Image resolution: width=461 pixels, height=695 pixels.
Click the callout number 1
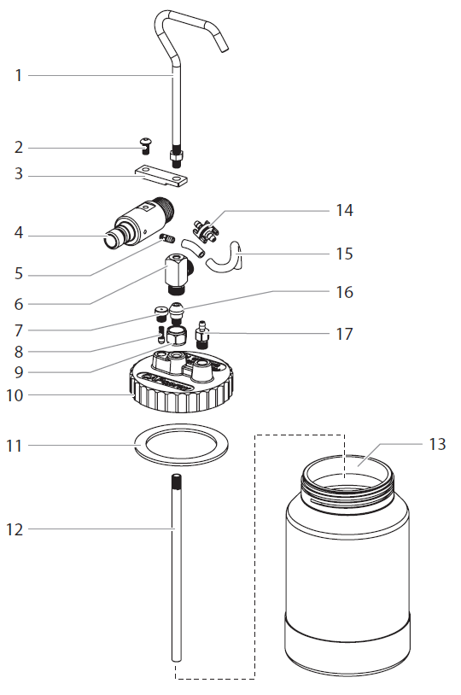pos(18,75)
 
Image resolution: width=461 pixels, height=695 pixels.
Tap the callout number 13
pos(437,444)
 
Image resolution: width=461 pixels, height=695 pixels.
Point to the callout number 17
pos(343,333)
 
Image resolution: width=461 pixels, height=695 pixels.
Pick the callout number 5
pos(18,275)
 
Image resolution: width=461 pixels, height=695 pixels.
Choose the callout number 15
pos(343,254)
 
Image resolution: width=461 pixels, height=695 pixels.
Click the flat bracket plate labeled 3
pos(161,176)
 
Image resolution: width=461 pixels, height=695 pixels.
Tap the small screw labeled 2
pos(145,147)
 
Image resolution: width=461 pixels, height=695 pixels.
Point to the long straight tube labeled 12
pos(176,581)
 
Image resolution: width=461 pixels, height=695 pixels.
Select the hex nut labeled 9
pos(176,335)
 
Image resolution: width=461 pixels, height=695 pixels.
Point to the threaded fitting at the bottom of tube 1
pos(176,155)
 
